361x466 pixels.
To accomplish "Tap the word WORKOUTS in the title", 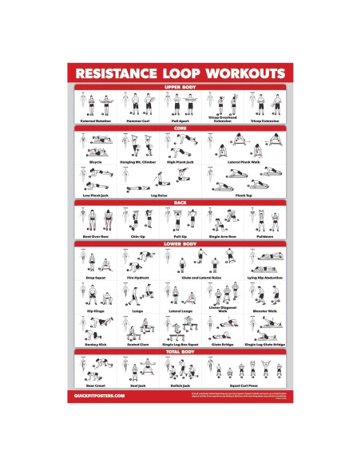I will [x=244, y=74].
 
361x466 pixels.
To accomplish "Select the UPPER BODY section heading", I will [x=180, y=87].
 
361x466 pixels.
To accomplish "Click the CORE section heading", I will [x=180, y=127].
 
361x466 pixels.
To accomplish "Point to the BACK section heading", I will [x=180, y=203].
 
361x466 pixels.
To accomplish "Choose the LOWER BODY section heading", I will [x=180, y=243].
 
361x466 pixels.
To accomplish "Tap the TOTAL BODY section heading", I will [x=180, y=351].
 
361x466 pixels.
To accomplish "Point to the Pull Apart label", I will [x=178, y=120].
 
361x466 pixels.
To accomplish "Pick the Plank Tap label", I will [x=244, y=194].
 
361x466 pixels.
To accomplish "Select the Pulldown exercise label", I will [x=267, y=236].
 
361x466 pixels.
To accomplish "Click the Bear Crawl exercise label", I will [x=96, y=385].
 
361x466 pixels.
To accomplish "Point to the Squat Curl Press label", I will [x=244, y=385].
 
